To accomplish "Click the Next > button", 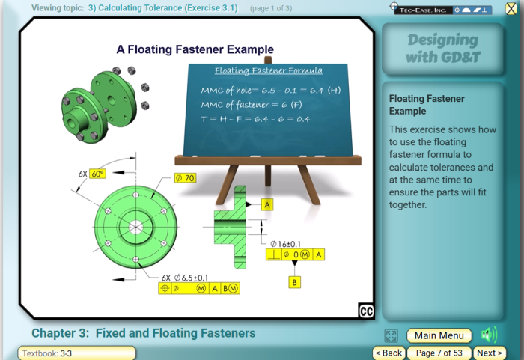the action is point(490,353).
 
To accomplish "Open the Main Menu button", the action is point(439,335).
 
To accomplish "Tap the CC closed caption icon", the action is point(366,311).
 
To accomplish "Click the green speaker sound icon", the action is point(490,335).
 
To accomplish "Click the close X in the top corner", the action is point(511,9).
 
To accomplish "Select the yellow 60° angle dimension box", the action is point(97,174).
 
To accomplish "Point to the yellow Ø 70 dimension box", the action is point(185,178).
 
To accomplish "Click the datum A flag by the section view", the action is point(267,204).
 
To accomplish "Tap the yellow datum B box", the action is point(294,282).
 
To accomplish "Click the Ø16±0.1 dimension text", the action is point(285,244).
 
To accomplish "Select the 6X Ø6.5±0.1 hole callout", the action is point(185,278).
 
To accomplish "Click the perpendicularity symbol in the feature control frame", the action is point(274,254).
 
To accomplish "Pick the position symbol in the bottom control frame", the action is point(165,288).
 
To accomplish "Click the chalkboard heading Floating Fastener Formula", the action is point(269,70).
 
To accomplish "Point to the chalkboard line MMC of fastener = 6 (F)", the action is point(252,105).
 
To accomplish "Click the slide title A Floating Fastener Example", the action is point(195,49).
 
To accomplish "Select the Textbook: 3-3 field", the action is point(77,353).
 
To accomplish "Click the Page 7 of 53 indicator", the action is point(439,353).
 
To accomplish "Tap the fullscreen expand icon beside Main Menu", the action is point(391,335).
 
